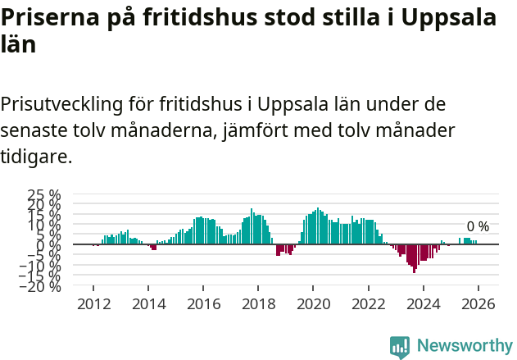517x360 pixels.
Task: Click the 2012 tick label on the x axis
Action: point(93,303)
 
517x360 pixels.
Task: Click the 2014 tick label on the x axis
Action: point(148,303)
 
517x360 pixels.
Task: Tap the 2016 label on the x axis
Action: point(203,303)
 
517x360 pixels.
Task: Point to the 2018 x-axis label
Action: point(258,303)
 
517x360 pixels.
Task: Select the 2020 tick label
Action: point(313,303)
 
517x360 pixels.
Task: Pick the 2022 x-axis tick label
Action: point(368,303)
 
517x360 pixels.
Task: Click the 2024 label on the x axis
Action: point(423,303)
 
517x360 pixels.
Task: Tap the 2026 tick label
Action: point(478,303)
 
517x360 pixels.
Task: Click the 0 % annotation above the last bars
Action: point(478,226)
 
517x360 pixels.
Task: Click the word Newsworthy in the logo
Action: point(464,346)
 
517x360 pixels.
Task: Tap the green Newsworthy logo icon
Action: point(400,347)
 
